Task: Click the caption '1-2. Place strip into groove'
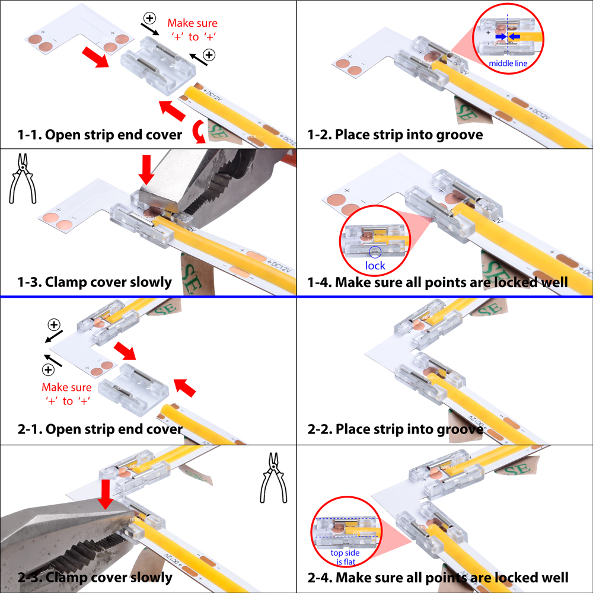[395, 135]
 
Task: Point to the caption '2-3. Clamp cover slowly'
[95, 576]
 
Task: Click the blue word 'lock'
[375, 266]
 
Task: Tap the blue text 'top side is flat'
[345, 558]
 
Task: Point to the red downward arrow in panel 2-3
[106, 493]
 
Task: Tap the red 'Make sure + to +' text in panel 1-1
[192, 30]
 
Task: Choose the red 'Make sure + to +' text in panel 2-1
[67, 394]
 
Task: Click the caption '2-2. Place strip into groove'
[395, 429]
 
